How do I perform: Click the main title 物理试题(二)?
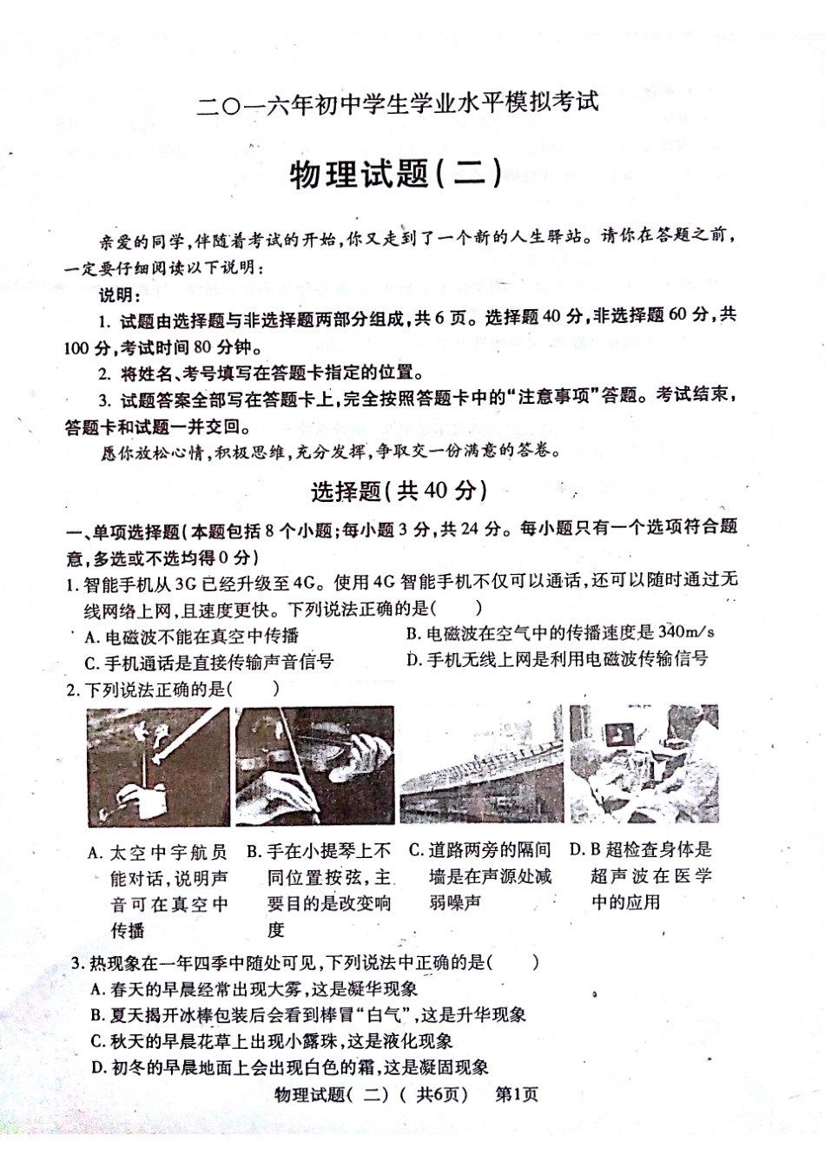point(395,176)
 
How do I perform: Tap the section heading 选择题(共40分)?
point(399,492)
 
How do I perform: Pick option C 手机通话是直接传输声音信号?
point(208,662)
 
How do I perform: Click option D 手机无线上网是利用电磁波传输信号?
point(557,659)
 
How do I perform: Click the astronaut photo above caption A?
point(158,766)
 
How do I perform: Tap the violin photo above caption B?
point(314,766)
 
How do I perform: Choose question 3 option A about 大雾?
point(254,989)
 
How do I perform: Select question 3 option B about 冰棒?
point(307,1015)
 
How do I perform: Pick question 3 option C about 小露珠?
point(271,1041)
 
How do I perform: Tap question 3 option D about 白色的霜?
point(289,1068)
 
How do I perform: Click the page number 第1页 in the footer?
point(516,1096)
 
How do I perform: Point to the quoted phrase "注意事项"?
point(555,397)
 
